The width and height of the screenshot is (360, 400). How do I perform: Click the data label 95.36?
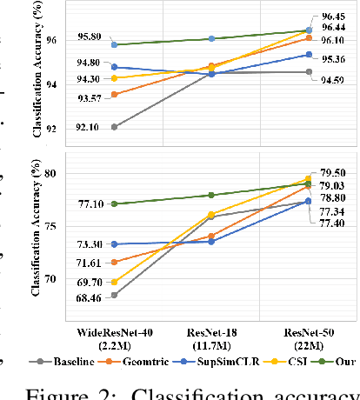pyautogui.click(x=332, y=59)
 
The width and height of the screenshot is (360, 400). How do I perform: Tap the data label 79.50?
pyautogui.click(x=332, y=173)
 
